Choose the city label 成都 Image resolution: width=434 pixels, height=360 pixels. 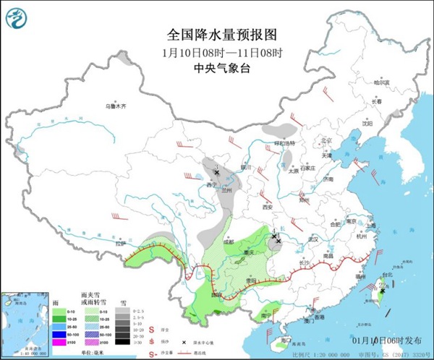[x=229, y=242]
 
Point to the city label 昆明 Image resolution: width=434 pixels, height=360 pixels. [x=216, y=295]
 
